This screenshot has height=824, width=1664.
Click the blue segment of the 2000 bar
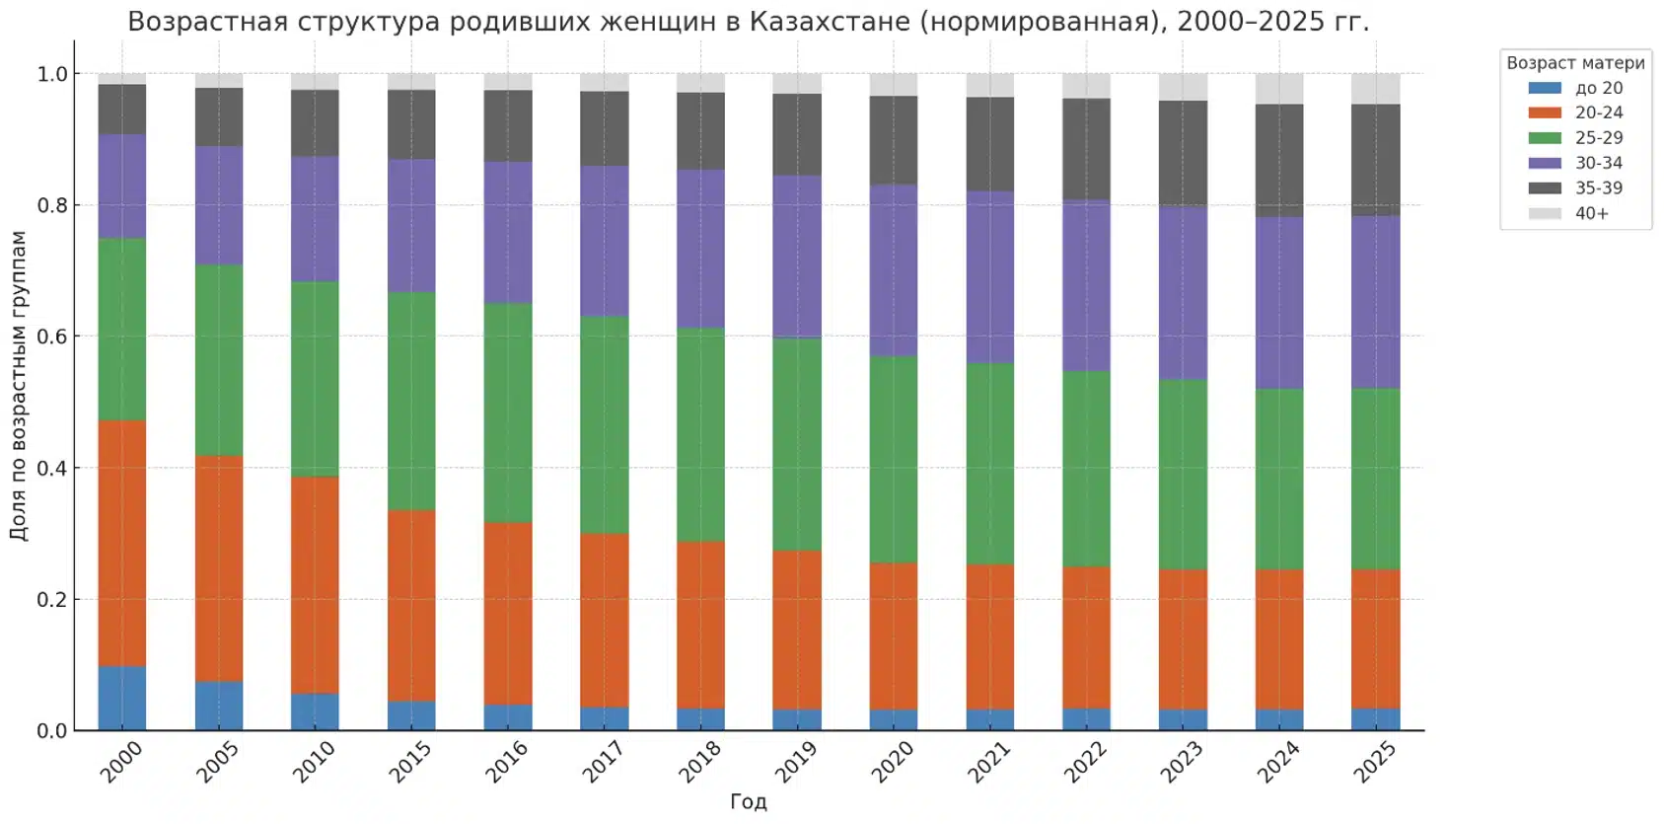point(122,699)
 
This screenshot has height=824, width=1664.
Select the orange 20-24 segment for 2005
point(219,568)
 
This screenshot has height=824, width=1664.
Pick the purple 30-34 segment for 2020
point(894,270)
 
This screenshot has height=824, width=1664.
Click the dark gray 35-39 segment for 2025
point(1376,160)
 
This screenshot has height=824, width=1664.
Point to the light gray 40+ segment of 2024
point(1279,89)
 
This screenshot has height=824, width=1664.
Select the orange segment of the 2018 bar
point(701,625)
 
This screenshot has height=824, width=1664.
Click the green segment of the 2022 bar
point(1086,469)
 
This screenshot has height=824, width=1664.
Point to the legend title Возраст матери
point(1575,63)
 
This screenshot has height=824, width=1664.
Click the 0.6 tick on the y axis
point(52,337)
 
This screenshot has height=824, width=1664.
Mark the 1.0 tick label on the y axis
point(52,74)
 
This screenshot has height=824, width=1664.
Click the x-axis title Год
point(748,801)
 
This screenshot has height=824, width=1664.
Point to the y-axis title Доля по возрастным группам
point(19,385)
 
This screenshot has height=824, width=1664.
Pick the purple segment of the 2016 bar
point(508,233)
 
